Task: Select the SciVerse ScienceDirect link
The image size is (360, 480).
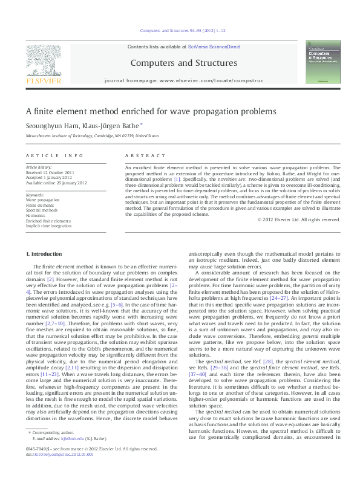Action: coord(214,47)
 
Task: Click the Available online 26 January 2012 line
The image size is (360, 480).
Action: coord(56,183)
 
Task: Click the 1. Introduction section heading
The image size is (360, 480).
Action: coord(45,254)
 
